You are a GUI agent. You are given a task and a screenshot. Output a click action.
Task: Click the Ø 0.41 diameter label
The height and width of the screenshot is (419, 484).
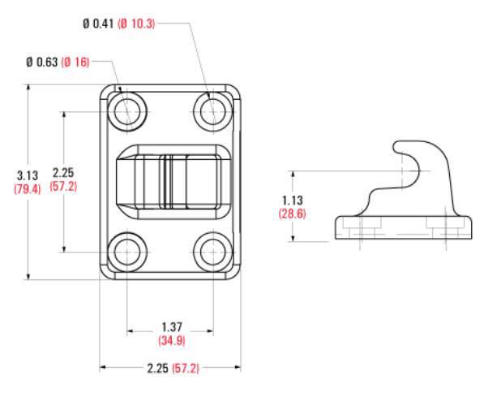point(98,24)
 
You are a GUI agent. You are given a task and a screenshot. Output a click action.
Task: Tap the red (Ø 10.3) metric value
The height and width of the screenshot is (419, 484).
point(136,24)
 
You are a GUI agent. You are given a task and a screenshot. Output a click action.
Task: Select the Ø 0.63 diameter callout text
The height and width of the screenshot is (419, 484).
point(42,63)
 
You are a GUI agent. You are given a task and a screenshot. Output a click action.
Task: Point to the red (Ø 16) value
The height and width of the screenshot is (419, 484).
point(75,63)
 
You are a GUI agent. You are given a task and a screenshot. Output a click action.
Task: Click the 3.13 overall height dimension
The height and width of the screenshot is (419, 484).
point(28,175)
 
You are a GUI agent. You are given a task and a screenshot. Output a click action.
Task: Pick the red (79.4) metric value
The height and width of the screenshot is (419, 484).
point(28,189)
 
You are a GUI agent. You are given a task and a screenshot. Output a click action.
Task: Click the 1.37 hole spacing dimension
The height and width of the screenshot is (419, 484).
point(172,327)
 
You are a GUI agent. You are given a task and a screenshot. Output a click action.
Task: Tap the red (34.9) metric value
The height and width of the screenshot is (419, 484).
point(172,340)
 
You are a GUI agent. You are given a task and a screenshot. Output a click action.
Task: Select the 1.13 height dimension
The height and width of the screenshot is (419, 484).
point(293,201)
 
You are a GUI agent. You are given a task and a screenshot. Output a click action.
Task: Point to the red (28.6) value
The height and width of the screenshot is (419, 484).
point(293,214)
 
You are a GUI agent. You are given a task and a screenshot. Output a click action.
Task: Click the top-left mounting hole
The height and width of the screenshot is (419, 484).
point(127,111)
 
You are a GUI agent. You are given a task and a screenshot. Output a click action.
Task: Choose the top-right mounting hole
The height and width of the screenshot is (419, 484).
point(213,111)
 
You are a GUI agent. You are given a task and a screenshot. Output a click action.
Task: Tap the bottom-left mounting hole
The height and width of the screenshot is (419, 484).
point(127,252)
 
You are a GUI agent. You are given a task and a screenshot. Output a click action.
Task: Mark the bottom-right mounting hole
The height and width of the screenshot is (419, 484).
point(213,252)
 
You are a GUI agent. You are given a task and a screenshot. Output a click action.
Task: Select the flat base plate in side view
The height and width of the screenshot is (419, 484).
point(404,227)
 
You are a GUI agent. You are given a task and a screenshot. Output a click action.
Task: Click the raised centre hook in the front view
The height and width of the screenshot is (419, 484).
point(173,182)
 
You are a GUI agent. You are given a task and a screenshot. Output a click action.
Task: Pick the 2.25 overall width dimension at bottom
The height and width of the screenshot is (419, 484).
point(157,369)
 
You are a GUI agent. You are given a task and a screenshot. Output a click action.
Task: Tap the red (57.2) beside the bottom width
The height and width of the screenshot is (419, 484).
point(186,369)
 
